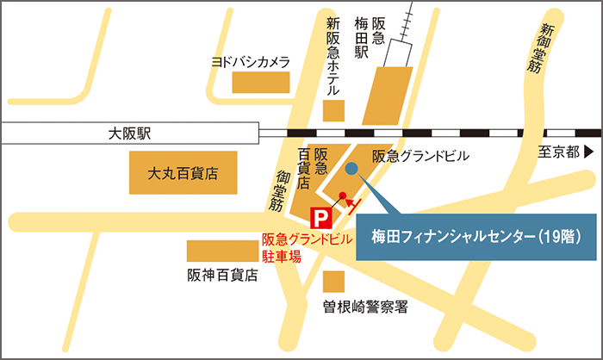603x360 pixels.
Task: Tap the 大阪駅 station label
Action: [x=129, y=133]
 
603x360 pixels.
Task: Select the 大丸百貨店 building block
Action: [x=182, y=173]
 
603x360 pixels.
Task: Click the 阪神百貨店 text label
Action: [x=222, y=276]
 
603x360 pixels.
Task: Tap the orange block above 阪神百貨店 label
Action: [x=222, y=251]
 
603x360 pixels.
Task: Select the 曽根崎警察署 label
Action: [x=365, y=307]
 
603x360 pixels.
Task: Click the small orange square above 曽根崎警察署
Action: [x=334, y=282]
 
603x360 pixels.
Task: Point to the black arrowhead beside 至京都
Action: [x=588, y=152]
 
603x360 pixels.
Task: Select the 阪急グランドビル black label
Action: [x=420, y=157]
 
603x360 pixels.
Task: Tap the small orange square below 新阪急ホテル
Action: [x=334, y=110]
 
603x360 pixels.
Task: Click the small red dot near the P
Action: [x=342, y=195]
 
